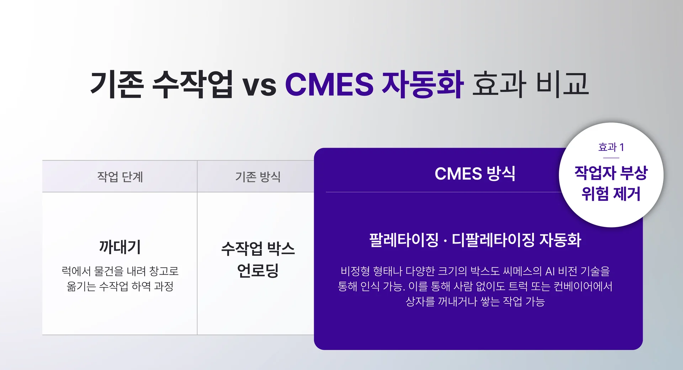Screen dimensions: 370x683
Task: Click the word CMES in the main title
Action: click(329, 84)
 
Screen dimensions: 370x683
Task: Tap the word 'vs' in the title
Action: click(259, 85)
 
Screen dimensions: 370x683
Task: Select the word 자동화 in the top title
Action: click(422, 84)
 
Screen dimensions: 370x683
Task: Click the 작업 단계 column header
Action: click(120, 177)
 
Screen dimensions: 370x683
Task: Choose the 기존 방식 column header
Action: click(258, 177)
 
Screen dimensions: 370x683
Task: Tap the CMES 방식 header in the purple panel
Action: click(475, 174)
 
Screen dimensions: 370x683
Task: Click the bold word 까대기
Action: click(120, 247)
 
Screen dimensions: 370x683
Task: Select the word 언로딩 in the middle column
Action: click(258, 270)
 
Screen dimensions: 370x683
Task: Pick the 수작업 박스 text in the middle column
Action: click(258, 249)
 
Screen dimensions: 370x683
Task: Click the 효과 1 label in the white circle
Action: click(611, 147)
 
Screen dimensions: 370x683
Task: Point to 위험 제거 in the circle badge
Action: click(611, 194)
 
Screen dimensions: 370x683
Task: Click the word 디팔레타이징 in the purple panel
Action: click(493, 240)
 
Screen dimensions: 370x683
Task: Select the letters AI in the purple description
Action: click(550, 271)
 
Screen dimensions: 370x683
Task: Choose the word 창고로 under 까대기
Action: click(164, 271)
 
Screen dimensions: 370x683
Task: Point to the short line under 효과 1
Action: click(611, 158)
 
